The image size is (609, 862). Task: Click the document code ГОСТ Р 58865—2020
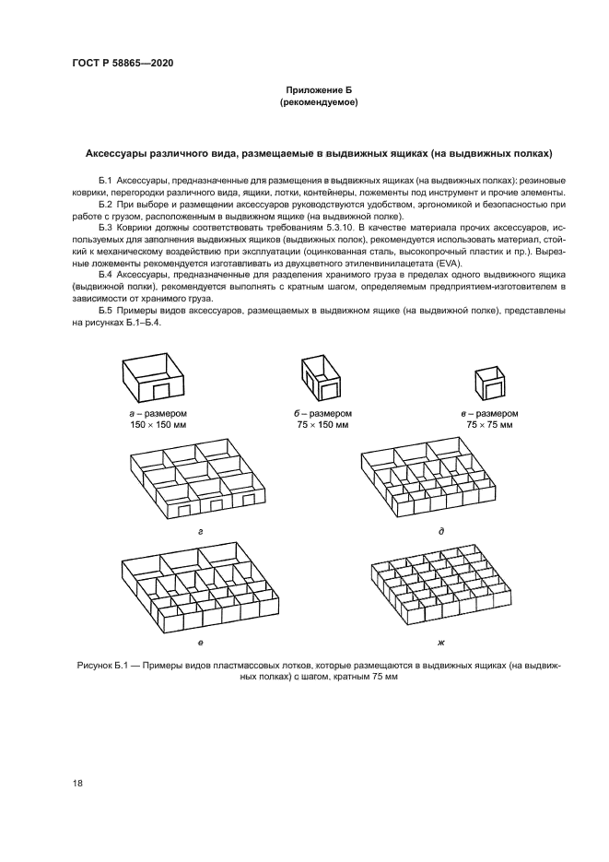pyautogui.click(x=123, y=64)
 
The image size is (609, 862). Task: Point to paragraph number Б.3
pyautogui.click(x=104, y=226)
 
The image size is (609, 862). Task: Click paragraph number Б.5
pyautogui.click(x=104, y=311)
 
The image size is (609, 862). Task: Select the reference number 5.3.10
pyautogui.click(x=358, y=226)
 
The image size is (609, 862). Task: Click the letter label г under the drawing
pyautogui.click(x=200, y=532)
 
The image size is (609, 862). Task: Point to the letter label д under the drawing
pyautogui.click(x=441, y=532)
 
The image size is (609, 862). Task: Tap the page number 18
pyautogui.click(x=77, y=784)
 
